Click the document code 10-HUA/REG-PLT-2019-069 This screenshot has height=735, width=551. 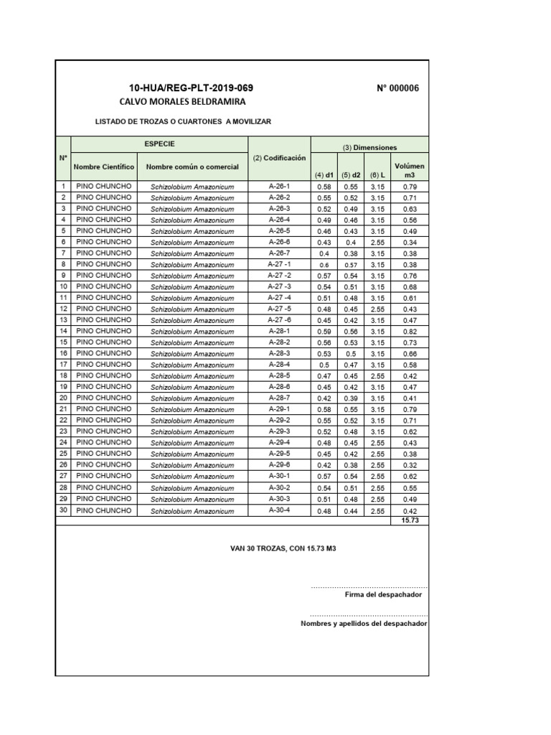point(191,88)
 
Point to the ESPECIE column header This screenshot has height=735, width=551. point(159,144)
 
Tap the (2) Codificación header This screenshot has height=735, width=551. point(279,157)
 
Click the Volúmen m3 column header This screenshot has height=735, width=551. point(410,169)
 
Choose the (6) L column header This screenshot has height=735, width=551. point(377,174)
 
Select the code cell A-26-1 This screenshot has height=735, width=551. point(279,186)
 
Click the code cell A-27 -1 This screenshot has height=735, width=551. point(279,264)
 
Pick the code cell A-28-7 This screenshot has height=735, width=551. point(279,398)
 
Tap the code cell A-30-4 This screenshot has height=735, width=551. point(279,510)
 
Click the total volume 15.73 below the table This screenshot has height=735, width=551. point(410,520)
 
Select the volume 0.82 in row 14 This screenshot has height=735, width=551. point(410,332)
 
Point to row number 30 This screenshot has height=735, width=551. point(63,510)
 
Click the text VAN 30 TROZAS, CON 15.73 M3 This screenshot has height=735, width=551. point(283,548)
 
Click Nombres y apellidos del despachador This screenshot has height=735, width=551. point(364,624)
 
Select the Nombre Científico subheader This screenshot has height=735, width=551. point(104,167)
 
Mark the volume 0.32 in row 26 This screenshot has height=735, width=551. point(410,465)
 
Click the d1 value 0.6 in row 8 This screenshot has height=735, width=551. point(324,264)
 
